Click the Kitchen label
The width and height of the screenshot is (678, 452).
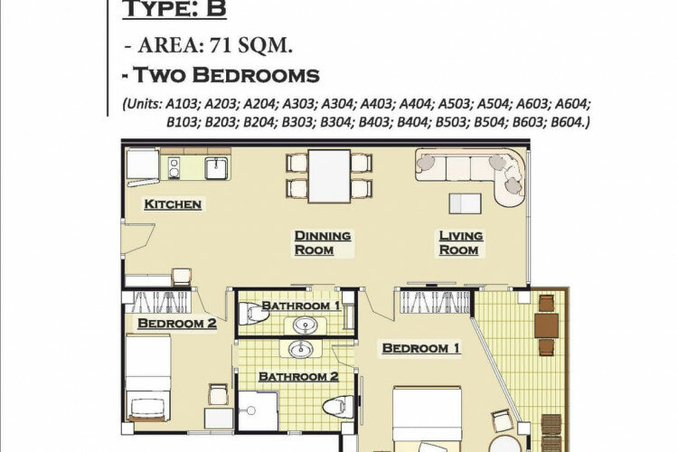pos(173,204)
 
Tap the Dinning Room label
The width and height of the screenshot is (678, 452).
pos(323,242)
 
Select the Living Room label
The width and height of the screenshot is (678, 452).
pos(461,242)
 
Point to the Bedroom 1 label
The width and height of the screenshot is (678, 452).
pos(420,348)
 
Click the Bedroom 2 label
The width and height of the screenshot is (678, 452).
pos(177,324)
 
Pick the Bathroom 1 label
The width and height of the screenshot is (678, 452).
pos(301,306)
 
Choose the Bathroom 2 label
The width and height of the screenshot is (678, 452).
pos(298,377)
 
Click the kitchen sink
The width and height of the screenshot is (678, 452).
pos(216,168)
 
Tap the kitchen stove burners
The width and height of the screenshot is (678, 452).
pos(174,168)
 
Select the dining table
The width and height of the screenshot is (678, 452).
pos(329,176)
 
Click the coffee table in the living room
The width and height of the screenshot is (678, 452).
pos(465,203)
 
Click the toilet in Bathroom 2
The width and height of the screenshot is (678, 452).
pos(338,407)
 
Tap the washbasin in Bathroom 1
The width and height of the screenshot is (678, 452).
pos(305,325)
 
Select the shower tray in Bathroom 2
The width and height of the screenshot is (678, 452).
pos(259,411)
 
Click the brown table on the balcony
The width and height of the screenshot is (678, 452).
pos(546,325)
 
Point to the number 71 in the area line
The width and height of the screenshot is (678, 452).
pos(220,45)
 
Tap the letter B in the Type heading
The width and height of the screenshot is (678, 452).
pos(216,9)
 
